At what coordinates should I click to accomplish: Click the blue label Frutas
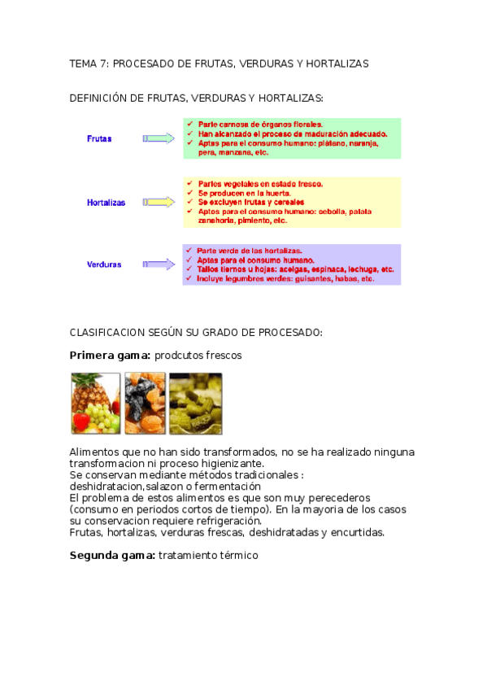(x=99, y=138)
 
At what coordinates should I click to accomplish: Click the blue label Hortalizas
(x=106, y=203)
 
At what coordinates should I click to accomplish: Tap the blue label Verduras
(x=104, y=264)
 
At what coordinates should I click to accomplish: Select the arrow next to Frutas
(x=159, y=138)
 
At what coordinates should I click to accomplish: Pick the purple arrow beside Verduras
(x=159, y=264)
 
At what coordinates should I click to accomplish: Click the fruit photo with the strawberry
(x=95, y=404)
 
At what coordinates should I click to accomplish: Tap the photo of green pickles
(x=195, y=404)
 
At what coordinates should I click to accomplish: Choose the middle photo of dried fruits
(x=145, y=404)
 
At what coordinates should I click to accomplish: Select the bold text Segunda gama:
(x=112, y=556)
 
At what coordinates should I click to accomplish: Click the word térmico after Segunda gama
(x=236, y=556)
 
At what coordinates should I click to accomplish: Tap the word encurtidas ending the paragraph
(x=357, y=533)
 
